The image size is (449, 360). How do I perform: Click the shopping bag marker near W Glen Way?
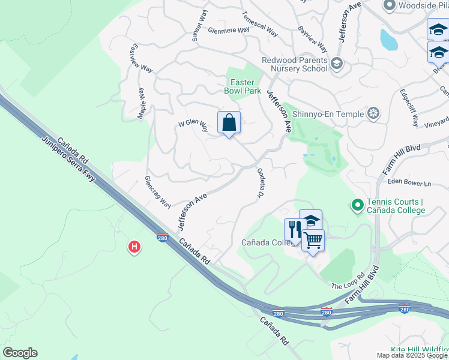click(229, 122)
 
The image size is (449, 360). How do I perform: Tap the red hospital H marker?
click(134, 247)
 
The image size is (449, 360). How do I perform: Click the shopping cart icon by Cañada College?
click(313, 241)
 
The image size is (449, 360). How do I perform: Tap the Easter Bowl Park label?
click(243, 86)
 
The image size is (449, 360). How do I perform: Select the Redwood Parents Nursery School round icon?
click(337, 63)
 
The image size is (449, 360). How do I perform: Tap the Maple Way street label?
click(143, 103)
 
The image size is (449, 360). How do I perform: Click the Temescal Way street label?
click(259, 23)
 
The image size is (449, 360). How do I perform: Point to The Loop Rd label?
click(348, 282)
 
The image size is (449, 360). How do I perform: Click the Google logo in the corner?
click(20, 353)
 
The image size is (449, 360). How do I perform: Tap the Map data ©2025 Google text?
click(411, 355)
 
